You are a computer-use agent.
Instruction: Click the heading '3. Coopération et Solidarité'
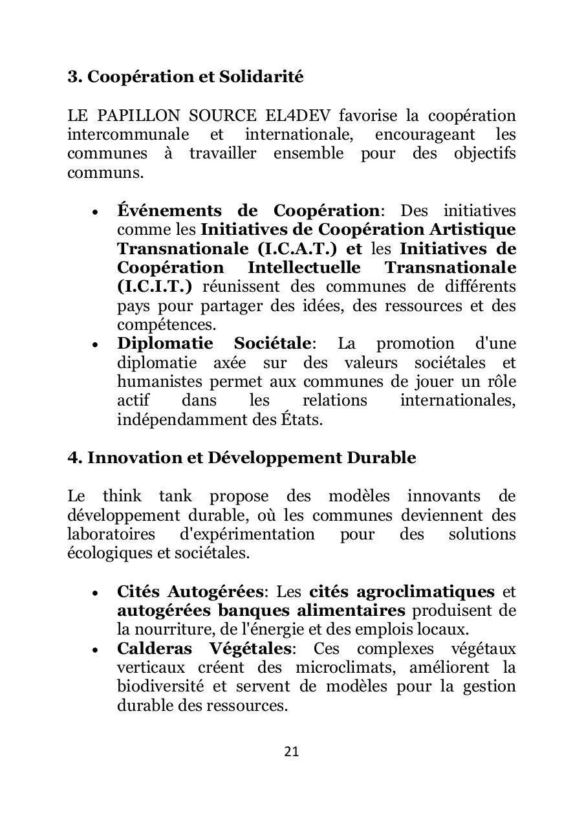click(186, 77)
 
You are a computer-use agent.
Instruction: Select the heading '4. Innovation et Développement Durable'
click(242, 458)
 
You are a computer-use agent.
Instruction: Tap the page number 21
click(292, 752)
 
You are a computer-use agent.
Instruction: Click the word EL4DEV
click(298, 116)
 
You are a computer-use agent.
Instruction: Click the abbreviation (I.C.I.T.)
click(155, 287)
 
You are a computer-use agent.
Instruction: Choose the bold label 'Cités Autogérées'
click(190, 592)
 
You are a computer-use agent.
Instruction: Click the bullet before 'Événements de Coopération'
click(95, 212)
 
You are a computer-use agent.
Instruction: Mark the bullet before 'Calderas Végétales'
click(95, 649)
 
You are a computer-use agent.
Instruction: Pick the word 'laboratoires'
click(111, 535)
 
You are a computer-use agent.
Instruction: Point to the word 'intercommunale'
click(128, 135)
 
